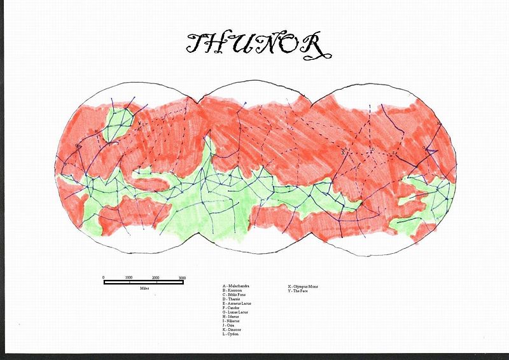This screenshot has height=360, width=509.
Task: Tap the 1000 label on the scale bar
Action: pos(129,278)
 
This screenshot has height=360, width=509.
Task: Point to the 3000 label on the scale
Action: pos(181,278)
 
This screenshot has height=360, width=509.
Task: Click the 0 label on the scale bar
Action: pos(103,278)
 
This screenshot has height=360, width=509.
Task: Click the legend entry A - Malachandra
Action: pos(237,287)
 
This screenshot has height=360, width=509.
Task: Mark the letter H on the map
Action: pos(95,132)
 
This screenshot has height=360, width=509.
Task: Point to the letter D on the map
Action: pos(373,150)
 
